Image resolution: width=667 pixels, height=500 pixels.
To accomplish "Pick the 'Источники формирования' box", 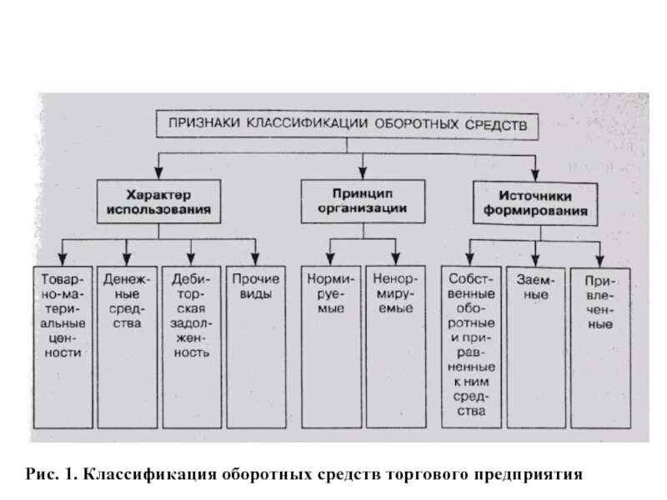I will [x=534, y=203].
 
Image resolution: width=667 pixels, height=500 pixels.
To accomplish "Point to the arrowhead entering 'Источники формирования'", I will [x=534, y=174].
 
